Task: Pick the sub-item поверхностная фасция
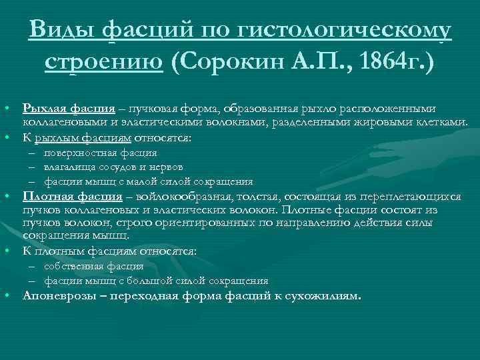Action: pos(91,153)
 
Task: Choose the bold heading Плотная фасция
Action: pos(73,196)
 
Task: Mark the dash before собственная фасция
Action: pos(31,267)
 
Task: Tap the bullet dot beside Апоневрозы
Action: pos(5,295)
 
